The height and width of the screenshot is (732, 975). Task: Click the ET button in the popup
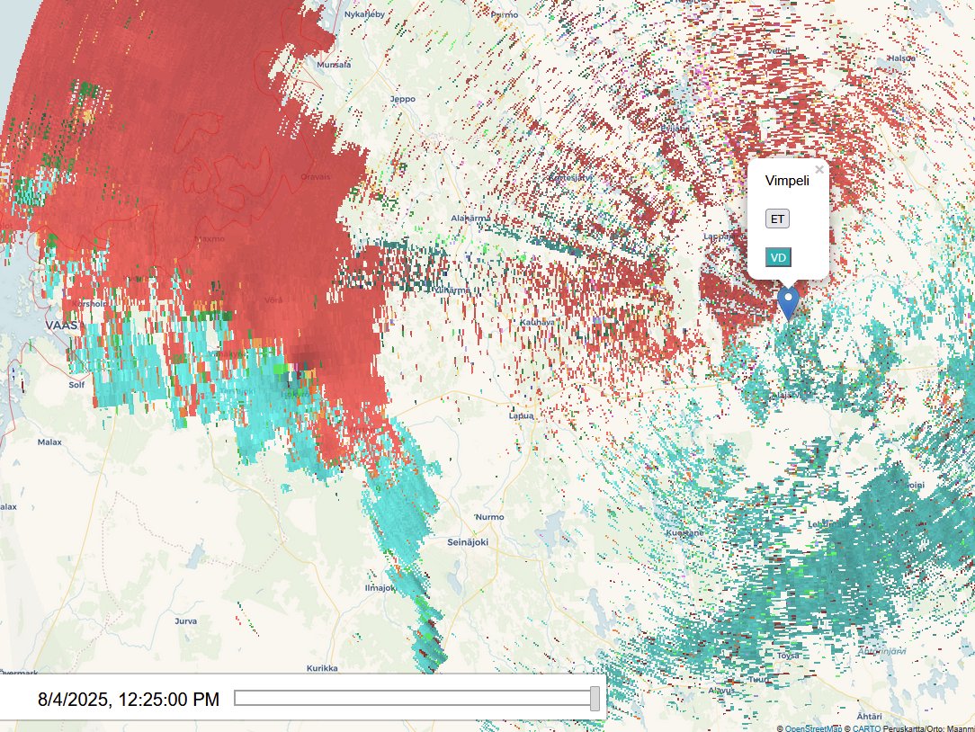tap(777, 219)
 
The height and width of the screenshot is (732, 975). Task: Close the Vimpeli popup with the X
tap(818, 169)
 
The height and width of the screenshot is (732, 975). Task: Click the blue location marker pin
tap(789, 303)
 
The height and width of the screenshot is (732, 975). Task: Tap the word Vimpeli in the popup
tap(787, 181)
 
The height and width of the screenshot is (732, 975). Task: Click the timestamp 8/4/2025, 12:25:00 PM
tap(128, 699)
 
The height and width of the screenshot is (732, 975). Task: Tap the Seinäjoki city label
tap(467, 542)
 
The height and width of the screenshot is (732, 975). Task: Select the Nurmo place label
tap(489, 517)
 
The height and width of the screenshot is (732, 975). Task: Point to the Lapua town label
tap(521, 416)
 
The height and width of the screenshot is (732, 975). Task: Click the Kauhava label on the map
tap(537, 322)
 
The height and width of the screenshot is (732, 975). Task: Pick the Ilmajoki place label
tap(378, 587)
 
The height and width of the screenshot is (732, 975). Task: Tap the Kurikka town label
tap(321, 668)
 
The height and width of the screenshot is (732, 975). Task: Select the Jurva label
tap(185, 620)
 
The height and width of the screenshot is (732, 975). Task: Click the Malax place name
tap(49, 442)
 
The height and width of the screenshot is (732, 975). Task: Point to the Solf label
tap(76, 384)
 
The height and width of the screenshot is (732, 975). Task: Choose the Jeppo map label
tap(402, 99)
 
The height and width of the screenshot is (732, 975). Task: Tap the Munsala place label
tap(333, 65)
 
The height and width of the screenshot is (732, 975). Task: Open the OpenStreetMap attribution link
tap(815, 728)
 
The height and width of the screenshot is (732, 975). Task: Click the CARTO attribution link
tap(867, 728)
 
